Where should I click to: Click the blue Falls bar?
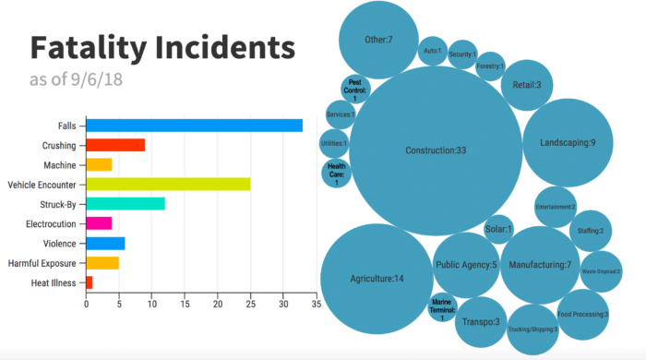[x=194, y=126]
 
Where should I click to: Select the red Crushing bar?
[x=115, y=145]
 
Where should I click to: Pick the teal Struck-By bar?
[x=125, y=203]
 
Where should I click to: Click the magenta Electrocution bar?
[x=99, y=222]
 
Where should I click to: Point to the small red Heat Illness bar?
[x=90, y=282]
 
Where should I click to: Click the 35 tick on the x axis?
[x=317, y=301]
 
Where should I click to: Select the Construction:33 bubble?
[x=436, y=150]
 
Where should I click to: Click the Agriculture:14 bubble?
[x=377, y=278]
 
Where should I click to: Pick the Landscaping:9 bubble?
[x=567, y=141]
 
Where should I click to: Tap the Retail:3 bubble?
[x=527, y=85]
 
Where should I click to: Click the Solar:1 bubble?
[x=498, y=229]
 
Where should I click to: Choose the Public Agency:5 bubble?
[x=466, y=265]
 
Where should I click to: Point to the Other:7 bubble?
[x=378, y=40]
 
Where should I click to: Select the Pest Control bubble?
[x=356, y=91]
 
